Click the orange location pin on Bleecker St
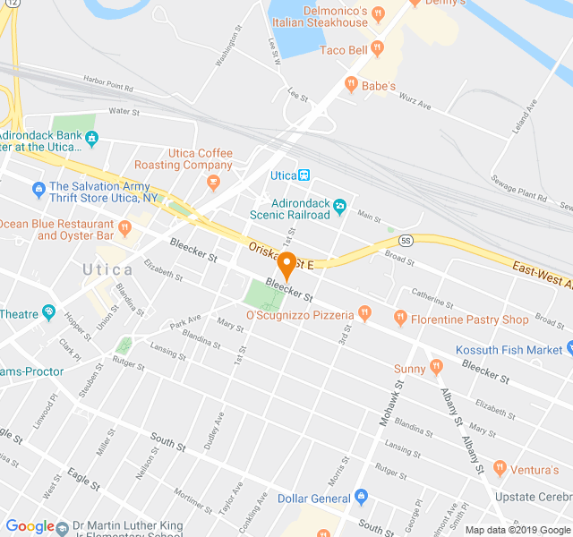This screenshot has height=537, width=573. coord(286,266)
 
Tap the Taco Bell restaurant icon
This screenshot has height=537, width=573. coord(377,49)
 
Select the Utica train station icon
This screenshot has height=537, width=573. coord(304,175)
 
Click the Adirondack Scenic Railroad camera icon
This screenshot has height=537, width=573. coord(339,209)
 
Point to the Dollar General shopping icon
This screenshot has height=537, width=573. coord(361,497)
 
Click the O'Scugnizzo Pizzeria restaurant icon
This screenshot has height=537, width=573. coord(363,313)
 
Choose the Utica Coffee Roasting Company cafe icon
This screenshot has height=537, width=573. coord(212,183)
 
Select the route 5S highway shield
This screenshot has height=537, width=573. coord(406,240)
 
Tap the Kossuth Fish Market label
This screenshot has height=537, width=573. coord(509,349)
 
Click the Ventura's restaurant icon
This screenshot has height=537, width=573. coord(500,468)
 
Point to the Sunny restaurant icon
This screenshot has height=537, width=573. coord(436,366)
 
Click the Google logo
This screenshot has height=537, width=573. coord(30,527)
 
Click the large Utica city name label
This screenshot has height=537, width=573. coord(107,269)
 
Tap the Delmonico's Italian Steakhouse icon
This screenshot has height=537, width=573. coord(379,14)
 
